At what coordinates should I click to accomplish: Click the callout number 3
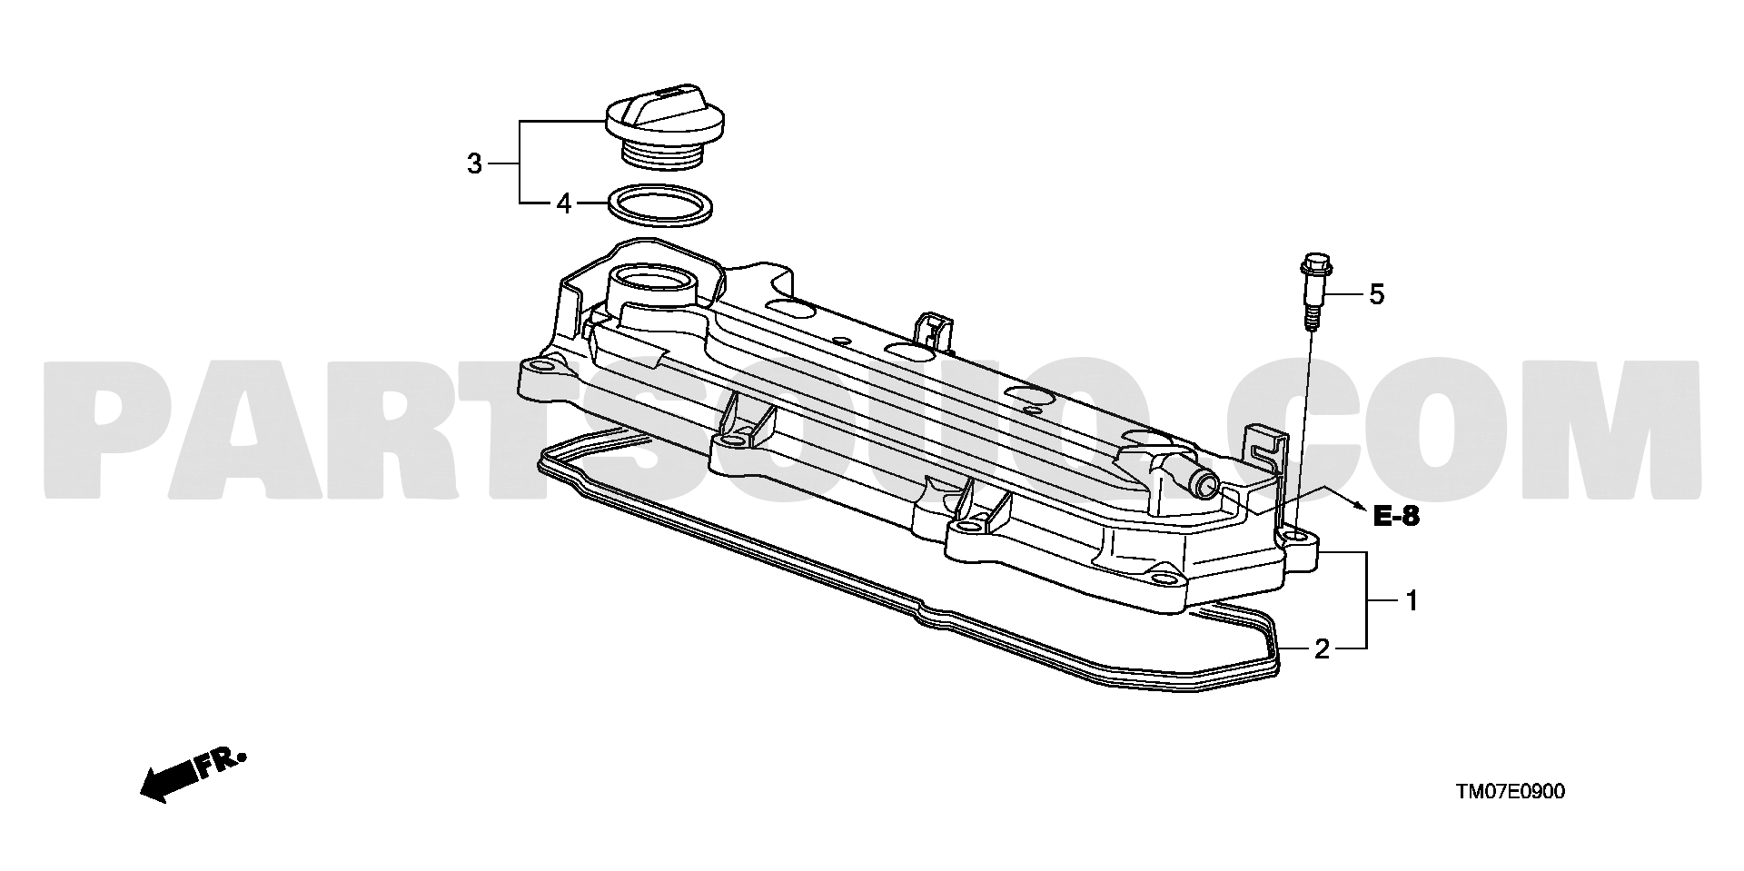(x=474, y=164)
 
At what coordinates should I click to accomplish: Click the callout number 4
(x=564, y=204)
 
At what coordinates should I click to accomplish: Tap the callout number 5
(x=1376, y=294)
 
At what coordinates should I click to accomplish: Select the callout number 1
(x=1412, y=600)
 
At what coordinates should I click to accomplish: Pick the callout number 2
(x=1323, y=648)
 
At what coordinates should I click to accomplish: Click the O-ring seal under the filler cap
(x=659, y=205)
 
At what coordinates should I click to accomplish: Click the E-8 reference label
(x=1394, y=518)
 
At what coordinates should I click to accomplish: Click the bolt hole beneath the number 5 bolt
(x=1296, y=538)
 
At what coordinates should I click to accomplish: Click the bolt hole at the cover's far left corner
(x=543, y=368)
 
